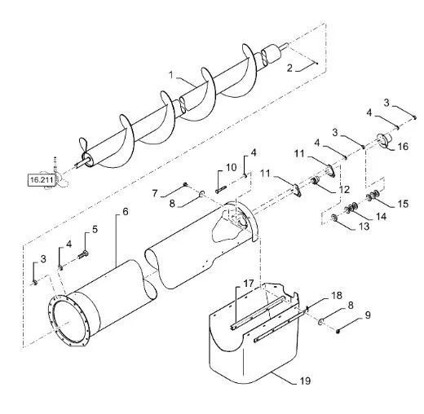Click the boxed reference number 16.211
coord(42,179)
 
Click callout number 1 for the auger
coord(171,75)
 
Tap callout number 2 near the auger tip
coord(289,68)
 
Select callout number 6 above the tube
coord(126,212)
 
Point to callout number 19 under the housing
coord(305,381)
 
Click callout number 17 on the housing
coord(249,284)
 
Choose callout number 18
coord(337,295)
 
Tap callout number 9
coord(368,315)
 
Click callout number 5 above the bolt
coord(95,229)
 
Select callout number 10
coord(232,167)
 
